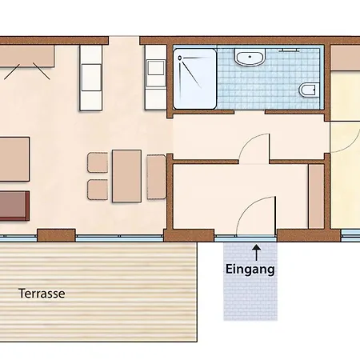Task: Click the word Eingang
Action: click(250, 269)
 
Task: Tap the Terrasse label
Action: click(42, 294)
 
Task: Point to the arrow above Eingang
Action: click(257, 252)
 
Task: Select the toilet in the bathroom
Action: click(309, 90)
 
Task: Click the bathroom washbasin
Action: click(250, 57)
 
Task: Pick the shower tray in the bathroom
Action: click(194, 78)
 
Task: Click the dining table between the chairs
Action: click(126, 176)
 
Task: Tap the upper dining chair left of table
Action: click(98, 162)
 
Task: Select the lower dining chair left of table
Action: click(98, 190)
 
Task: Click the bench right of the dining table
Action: click(156, 177)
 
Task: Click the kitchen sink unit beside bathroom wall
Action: click(155, 78)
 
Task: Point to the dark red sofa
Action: click(14, 206)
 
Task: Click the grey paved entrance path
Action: click(250, 282)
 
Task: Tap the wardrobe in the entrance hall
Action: click(316, 197)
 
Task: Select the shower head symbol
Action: click(180, 58)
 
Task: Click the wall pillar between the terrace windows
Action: click(56, 235)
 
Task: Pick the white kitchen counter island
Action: click(90, 78)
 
